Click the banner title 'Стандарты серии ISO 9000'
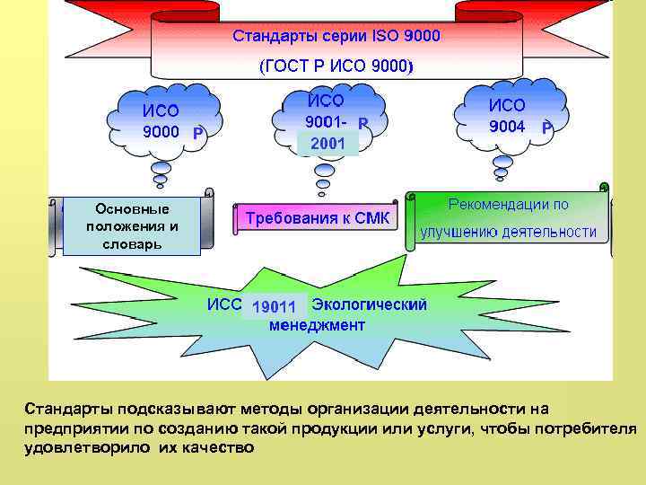[336, 37]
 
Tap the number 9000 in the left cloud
[161, 132]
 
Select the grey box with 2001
[327, 143]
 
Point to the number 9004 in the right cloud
[507, 127]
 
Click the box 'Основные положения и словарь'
[132, 226]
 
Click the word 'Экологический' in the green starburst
[369, 304]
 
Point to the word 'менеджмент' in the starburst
[318, 325]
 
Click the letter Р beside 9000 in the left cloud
[199, 134]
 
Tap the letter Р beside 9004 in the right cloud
[547, 128]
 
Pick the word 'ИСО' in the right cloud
[507, 105]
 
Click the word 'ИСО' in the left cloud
[161, 110]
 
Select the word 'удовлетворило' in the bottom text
[74, 446]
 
